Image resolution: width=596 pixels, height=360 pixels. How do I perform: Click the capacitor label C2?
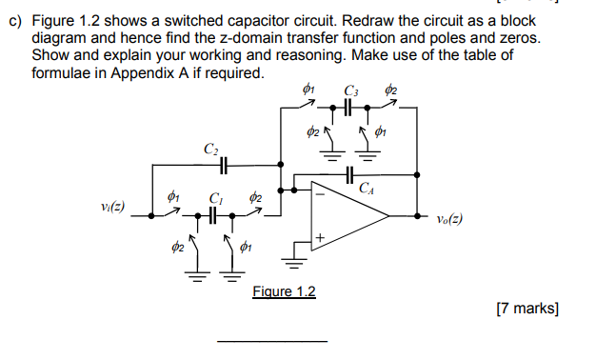click(x=209, y=149)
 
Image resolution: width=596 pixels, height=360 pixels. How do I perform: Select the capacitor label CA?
click(x=367, y=189)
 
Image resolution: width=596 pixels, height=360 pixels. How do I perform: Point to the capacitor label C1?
click(x=214, y=200)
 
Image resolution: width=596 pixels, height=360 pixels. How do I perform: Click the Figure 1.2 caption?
click(x=284, y=291)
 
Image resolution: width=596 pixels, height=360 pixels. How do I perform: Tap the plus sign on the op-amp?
click(x=320, y=236)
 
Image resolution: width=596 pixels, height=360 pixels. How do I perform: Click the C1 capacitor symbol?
click(x=214, y=216)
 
